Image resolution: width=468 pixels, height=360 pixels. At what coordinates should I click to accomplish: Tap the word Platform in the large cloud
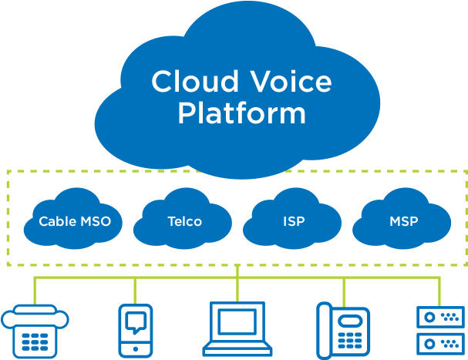241,114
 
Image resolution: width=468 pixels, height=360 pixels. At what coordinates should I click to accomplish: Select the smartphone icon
136,330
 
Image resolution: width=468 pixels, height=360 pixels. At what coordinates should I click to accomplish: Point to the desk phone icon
343,330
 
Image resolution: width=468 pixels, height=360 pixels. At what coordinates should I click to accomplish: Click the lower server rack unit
440,344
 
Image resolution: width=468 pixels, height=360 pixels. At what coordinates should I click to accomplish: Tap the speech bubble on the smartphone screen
136,322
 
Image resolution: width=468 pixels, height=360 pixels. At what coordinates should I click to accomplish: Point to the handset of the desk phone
325,330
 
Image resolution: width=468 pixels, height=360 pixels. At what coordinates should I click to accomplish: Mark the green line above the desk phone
344,290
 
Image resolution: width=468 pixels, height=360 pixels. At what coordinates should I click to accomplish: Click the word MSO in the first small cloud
96,222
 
